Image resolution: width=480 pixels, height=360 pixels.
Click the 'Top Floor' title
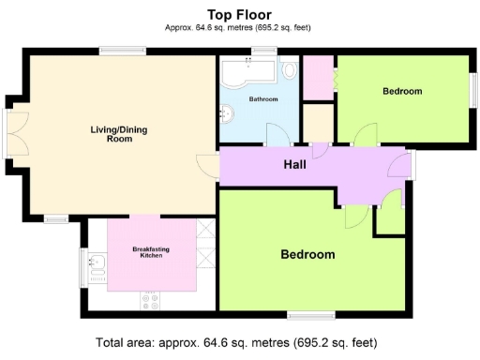(x=240, y=14)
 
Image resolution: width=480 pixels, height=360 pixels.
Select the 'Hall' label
(x=294, y=165)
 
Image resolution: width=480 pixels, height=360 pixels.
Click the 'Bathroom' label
(x=263, y=98)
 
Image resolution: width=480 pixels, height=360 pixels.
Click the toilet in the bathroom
(x=290, y=71)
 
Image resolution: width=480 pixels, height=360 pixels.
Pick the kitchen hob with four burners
(x=151, y=300)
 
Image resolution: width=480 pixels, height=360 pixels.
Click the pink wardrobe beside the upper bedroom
(x=318, y=75)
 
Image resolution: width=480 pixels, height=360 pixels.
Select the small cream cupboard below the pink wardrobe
(x=318, y=122)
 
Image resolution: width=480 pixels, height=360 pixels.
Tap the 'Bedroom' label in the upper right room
(x=402, y=91)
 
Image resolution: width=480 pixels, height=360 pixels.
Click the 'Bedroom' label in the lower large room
(x=307, y=254)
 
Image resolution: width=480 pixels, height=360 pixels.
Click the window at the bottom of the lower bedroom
(x=310, y=314)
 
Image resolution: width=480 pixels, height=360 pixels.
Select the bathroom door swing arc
(x=277, y=134)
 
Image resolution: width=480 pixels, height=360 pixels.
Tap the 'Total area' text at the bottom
(x=240, y=343)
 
